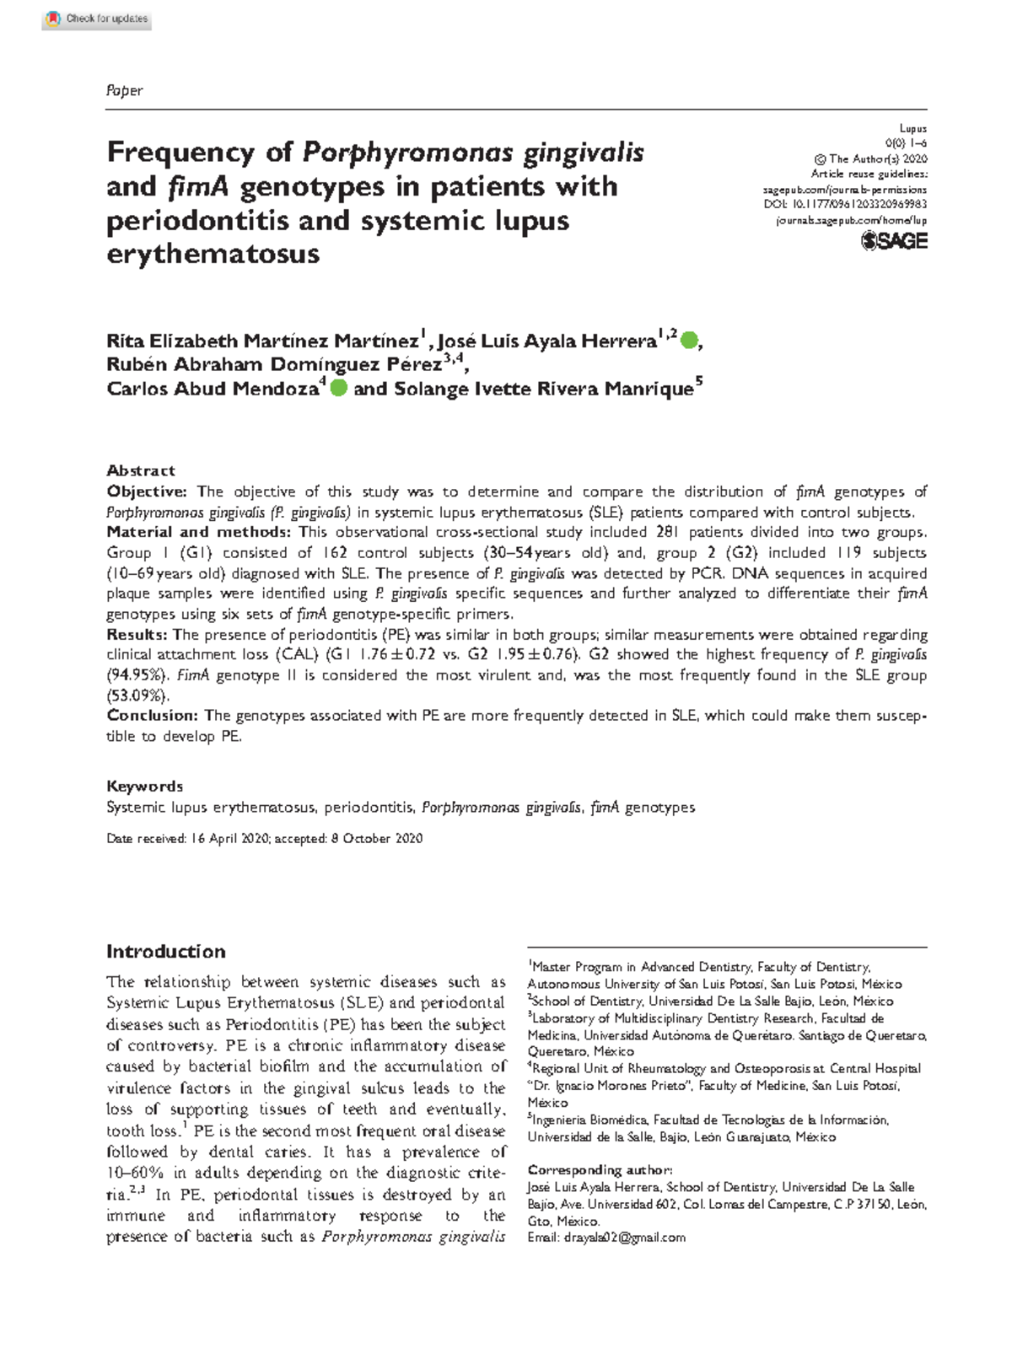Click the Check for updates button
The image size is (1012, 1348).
coord(96,19)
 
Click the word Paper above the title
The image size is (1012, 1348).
coord(124,90)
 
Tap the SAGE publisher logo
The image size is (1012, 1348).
coord(894,241)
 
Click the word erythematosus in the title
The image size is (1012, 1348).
coord(213,253)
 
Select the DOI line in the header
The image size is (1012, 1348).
coord(845,204)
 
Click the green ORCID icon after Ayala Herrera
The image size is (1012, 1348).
coord(689,341)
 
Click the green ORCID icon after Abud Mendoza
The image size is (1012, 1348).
coord(338,388)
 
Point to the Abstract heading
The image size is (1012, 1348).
coord(140,470)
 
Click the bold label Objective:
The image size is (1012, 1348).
coord(146,491)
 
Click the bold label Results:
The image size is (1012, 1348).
coord(137,634)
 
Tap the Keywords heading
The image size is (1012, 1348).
coord(144,786)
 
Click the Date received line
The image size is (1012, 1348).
coord(264,838)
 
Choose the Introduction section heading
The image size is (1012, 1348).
coord(165,952)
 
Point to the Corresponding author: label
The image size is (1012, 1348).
coord(599,1170)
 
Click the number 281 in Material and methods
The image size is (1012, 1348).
coord(667,532)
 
